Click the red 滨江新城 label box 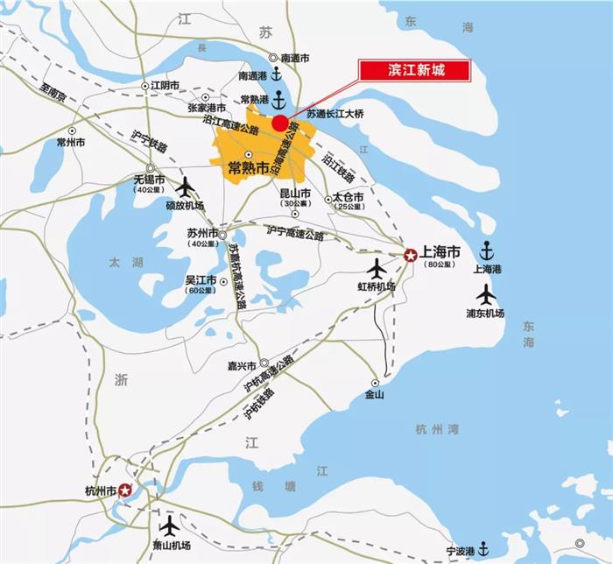(415, 69)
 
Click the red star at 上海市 (411, 255)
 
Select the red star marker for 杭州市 (125, 490)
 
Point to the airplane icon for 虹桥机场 (377, 267)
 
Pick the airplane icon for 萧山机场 (168, 526)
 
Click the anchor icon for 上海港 (487, 250)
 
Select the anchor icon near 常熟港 (278, 97)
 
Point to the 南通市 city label (295, 58)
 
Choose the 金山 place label (374, 395)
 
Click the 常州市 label (70, 141)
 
